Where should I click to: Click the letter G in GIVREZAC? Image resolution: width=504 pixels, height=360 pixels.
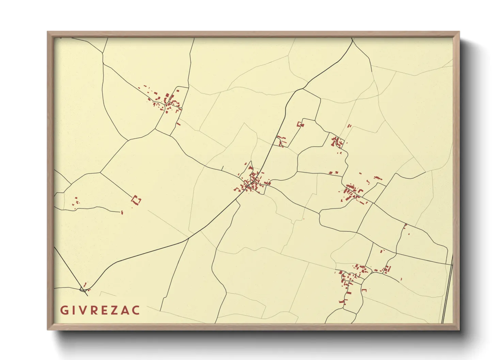64,310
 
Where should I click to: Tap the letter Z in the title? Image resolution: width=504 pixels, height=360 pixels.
115,310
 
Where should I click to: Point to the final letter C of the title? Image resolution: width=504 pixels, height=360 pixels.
136,310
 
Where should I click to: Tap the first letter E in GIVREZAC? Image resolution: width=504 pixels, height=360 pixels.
104,310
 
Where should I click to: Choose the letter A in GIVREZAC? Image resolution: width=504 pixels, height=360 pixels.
125,310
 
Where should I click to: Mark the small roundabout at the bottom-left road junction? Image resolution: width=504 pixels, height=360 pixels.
83,290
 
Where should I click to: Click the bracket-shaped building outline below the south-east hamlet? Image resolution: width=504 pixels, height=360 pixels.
364,290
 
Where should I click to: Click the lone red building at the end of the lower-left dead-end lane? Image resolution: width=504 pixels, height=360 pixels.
122,213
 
